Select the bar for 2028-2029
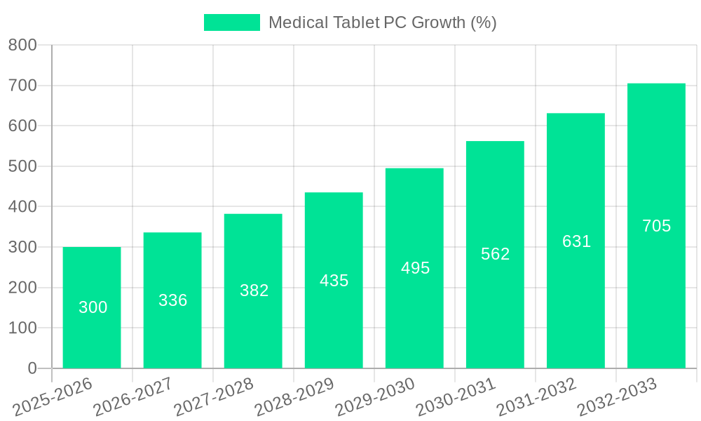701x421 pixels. click(334, 281)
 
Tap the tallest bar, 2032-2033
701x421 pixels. click(656, 226)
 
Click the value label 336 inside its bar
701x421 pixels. click(172, 300)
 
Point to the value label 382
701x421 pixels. click(254, 290)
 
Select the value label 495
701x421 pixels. click(415, 268)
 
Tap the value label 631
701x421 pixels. click(576, 241)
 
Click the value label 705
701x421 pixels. click(656, 226)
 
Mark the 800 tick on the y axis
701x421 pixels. click(22, 46)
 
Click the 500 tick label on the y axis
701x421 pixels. click(22, 167)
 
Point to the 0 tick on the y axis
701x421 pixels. click(32, 368)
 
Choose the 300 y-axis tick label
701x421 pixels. click(22, 248)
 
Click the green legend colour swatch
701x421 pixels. click(231, 22)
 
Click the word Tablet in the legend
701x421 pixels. click(355, 22)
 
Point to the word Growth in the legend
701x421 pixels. click(438, 22)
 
